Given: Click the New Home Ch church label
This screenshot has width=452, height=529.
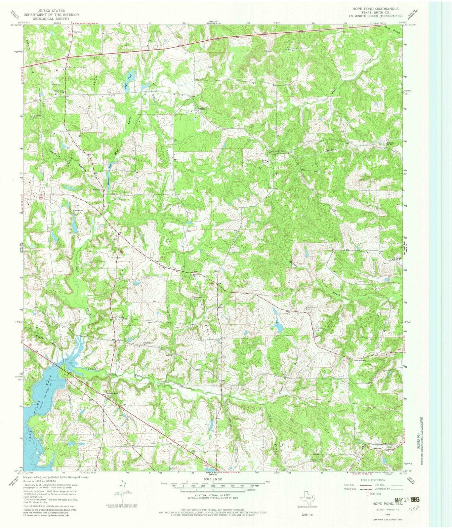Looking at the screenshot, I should [x=361, y=360].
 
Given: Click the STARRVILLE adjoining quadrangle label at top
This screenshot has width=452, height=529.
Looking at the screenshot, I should [x=212, y=23].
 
